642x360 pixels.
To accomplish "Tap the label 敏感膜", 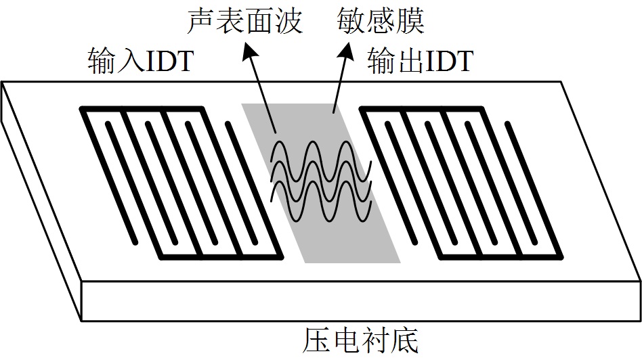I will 381,22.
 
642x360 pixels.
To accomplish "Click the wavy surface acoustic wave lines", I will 320,181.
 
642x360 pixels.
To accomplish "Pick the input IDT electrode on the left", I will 181,183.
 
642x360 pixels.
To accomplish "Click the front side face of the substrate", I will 359,300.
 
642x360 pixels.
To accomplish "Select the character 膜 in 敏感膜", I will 411,22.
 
